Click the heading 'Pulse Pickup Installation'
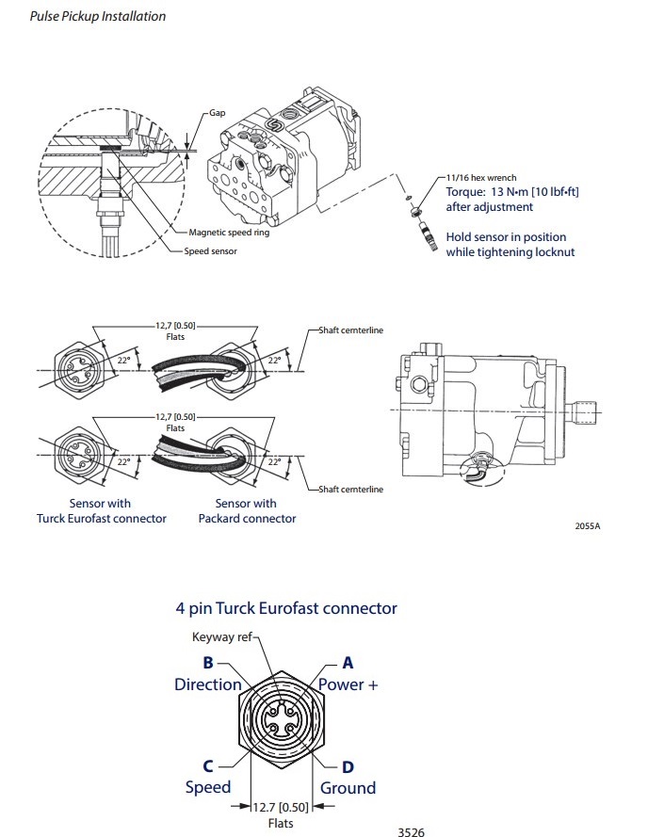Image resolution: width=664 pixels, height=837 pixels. click(x=98, y=16)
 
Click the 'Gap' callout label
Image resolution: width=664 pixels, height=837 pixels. click(x=218, y=113)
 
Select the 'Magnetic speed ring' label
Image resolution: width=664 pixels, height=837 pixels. click(x=229, y=233)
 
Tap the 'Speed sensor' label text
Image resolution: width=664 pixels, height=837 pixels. click(x=211, y=251)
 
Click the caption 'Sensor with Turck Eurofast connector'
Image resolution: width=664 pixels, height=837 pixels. click(x=101, y=511)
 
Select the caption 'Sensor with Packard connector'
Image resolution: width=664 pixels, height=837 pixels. click(x=246, y=511)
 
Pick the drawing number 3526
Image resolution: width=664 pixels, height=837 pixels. click(x=412, y=831)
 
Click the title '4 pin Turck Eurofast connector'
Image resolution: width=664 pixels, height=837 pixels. click(x=286, y=608)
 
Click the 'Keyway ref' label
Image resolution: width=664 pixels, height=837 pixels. click(x=222, y=637)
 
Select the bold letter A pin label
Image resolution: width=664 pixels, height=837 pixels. click(x=348, y=662)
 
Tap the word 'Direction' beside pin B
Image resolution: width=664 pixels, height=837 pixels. click(x=208, y=684)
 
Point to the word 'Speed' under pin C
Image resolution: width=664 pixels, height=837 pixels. click(x=207, y=787)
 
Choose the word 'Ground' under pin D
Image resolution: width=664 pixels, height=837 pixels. click(x=348, y=787)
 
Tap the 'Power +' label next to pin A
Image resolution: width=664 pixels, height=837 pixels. click(x=348, y=684)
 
